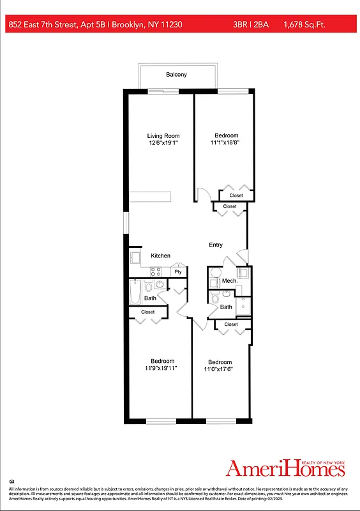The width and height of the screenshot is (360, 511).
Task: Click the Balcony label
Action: (176, 75)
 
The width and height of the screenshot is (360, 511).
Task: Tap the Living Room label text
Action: (163, 135)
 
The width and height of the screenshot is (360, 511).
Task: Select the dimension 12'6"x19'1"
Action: (163, 143)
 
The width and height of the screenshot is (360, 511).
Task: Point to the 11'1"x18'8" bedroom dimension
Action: (226, 143)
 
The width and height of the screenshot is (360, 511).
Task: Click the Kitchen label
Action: (160, 256)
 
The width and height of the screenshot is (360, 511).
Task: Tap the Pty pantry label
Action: (178, 271)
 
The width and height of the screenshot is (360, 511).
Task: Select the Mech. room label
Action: (229, 281)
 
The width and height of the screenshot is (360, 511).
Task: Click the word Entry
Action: (216, 245)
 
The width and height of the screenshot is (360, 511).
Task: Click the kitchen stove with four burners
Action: (155, 271)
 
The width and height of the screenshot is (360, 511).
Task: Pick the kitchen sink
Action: (135, 257)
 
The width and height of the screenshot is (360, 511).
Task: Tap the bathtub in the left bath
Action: (135, 293)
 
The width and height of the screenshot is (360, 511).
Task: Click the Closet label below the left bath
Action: (147, 312)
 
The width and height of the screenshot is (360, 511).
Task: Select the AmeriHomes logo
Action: (285, 468)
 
